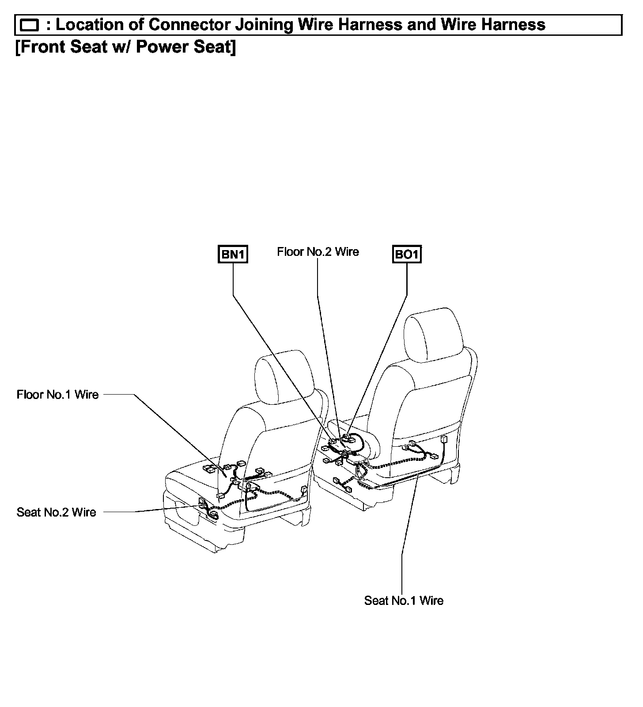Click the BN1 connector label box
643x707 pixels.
[x=233, y=255]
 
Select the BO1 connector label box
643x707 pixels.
[x=407, y=255]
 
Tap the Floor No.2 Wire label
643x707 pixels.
[x=318, y=252]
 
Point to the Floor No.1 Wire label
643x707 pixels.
[x=57, y=395]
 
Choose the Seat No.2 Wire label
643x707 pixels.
[x=56, y=512]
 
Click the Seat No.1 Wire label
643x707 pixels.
[x=404, y=601]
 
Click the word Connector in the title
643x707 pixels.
[x=189, y=25]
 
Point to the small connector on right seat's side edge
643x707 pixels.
[x=443, y=440]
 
